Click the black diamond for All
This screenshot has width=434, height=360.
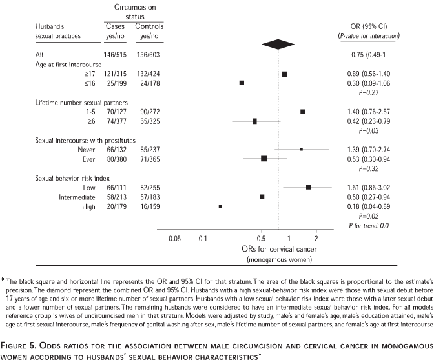(278, 45)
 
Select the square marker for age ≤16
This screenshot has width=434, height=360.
(242, 83)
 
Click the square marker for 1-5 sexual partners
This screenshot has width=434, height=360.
(302, 112)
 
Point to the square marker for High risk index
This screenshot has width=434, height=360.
(220, 206)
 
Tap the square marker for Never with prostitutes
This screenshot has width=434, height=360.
(301, 149)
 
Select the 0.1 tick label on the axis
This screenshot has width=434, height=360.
(203, 238)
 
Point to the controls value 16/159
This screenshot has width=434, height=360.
(149, 206)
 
